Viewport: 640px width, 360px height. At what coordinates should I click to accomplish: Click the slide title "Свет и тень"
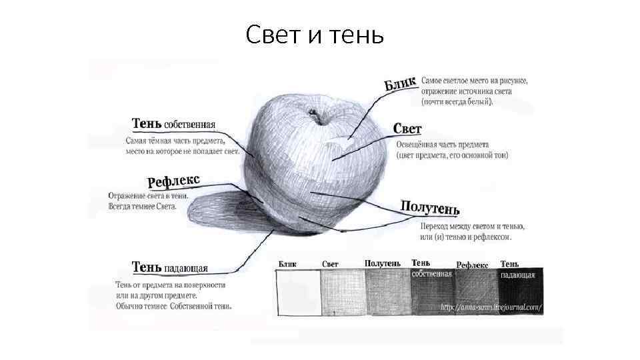(314, 35)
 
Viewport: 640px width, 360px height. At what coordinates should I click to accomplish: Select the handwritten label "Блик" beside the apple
(401, 84)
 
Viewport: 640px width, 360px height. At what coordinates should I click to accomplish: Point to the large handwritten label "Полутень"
(430, 208)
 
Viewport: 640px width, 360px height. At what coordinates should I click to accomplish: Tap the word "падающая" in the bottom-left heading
(185, 269)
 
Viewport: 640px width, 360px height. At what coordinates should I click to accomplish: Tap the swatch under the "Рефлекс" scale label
(476, 293)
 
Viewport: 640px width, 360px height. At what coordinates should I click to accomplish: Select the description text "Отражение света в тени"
(148, 196)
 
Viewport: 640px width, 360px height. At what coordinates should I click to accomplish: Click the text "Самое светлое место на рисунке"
(474, 81)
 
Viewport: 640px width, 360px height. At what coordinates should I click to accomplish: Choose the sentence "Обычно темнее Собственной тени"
(173, 306)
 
